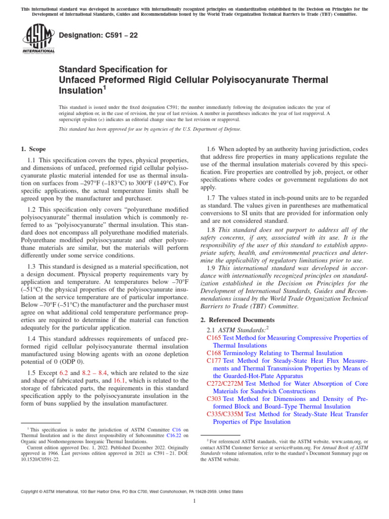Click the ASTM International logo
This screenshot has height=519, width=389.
[x=38, y=40]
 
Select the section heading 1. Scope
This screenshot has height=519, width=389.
[x=33, y=149]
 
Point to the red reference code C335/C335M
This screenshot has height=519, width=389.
[x=225, y=414]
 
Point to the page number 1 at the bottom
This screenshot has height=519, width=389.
[x=194, y=501]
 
